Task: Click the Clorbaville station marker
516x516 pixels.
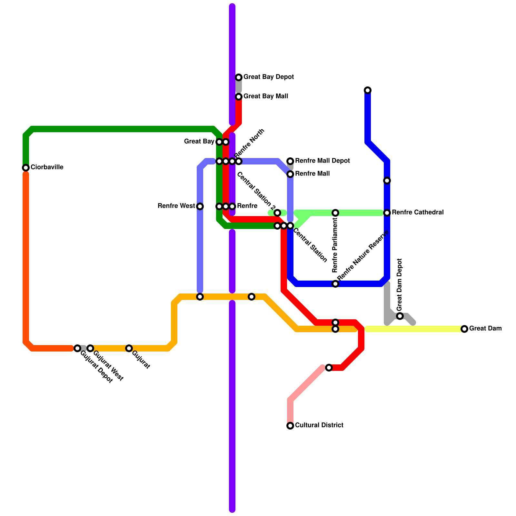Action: tap(26, 168)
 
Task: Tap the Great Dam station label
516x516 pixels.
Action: tap(485, 329)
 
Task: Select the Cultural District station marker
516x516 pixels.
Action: tap(290, 426)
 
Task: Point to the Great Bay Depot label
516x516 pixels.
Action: tap(268, 77)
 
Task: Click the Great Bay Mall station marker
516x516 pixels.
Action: tap(239, 97)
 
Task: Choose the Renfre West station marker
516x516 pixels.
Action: tap(200, 206)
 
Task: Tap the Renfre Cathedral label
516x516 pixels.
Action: tap(418, 213)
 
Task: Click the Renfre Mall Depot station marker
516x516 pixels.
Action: tap(290, 161)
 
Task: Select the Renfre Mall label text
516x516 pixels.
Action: tap(312, 174)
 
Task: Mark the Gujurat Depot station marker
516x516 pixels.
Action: tap(77, 348)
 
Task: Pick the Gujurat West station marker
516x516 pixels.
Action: tap(90, 348)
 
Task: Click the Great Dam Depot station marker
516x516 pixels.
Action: tap(400, 316)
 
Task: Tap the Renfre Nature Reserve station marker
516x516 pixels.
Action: tap(335, 284)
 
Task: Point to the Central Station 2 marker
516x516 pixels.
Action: tap(277, 213)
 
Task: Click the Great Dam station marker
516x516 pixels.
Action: tap(464, 329)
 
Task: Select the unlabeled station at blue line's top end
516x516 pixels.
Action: tap(368, 90)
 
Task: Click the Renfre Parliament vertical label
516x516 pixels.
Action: tap(335, 245)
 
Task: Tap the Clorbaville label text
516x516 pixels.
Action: tap(47, 167)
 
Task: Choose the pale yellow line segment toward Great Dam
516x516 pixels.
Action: tap(416, 329)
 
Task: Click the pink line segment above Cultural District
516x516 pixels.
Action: tap(306, 384)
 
